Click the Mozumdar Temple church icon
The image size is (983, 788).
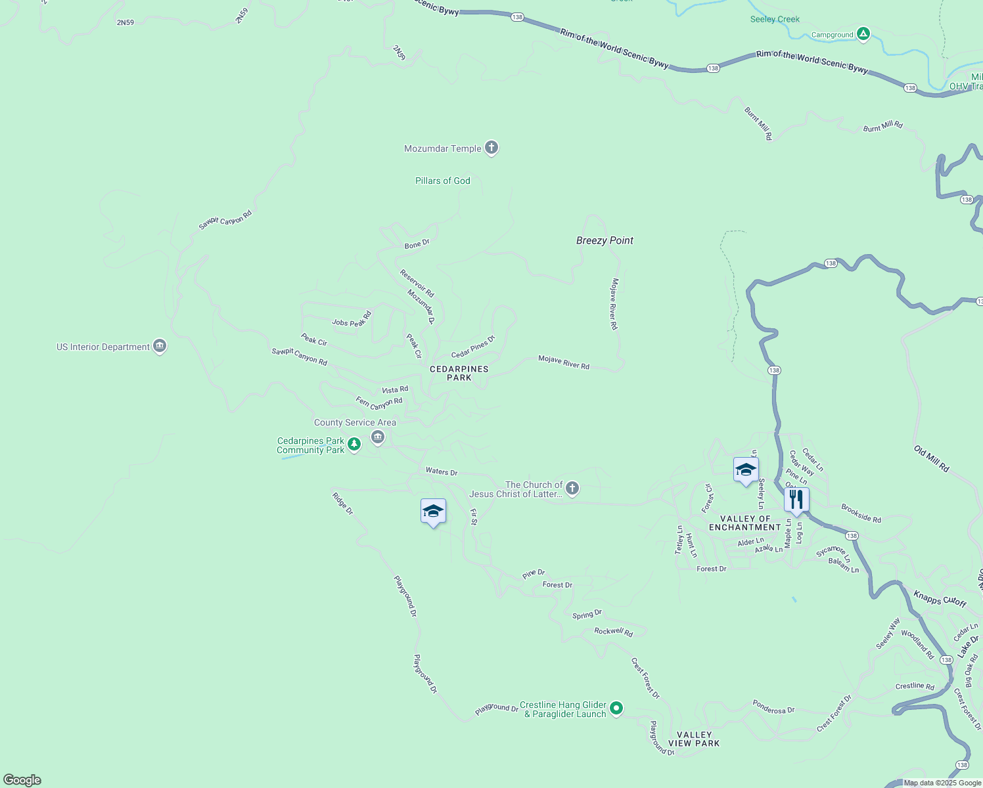point(491,148)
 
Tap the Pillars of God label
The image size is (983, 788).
point(443,181)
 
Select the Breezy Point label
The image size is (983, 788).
point(605,240)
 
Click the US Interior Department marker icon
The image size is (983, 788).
point(159,346)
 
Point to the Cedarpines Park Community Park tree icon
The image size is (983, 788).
point(354,445)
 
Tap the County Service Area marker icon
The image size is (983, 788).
point(377,437)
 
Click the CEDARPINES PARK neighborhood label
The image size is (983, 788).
point(459,373)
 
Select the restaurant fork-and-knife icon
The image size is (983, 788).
point(796,499)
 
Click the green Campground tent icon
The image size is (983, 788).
point(863,34)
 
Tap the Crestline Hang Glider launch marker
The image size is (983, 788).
point(616,708)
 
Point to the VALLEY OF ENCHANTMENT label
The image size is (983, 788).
point(745,523)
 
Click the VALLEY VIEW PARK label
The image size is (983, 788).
point(694,739)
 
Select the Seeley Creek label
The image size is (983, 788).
point(775,19)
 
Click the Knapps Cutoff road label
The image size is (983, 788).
point(940,598)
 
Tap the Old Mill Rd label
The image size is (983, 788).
point(931,458)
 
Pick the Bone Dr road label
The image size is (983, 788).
point(417,244)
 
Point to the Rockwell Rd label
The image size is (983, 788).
point(613,632)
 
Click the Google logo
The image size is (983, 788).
point(22,780)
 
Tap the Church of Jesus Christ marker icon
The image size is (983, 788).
point(572,488)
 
